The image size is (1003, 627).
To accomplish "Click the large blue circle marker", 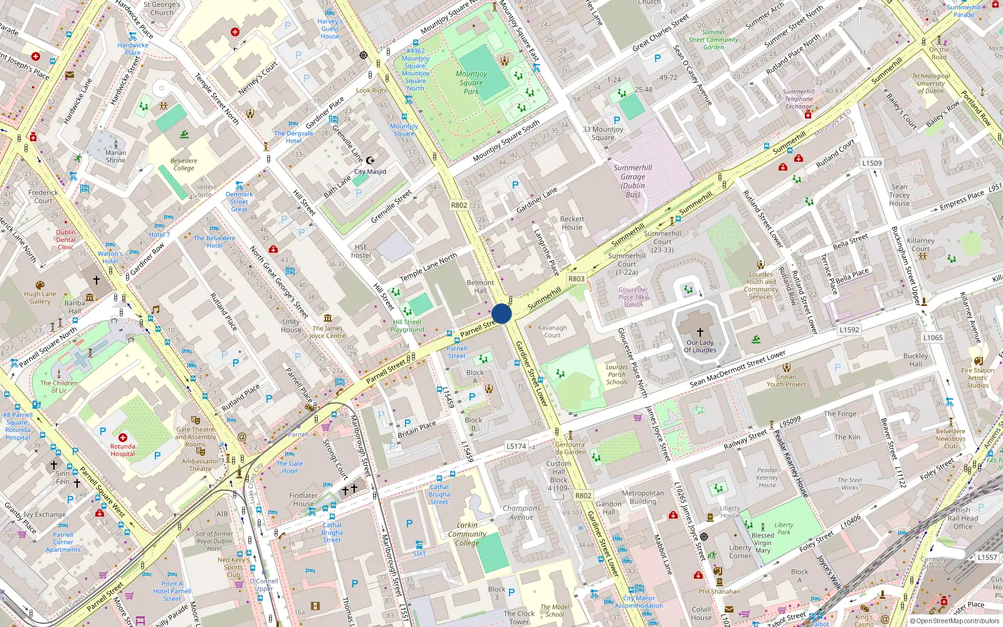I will coord(501,313).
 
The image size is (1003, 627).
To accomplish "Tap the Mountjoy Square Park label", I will coord(471,82).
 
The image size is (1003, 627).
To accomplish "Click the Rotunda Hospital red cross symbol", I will coord(123,437).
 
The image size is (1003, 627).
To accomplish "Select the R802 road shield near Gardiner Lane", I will coord(459,205).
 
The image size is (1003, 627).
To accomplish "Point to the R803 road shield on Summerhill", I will coord(576,278).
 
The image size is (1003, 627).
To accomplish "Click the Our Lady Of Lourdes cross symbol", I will coord(700,332).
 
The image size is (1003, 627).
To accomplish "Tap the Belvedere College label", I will coord(184,164).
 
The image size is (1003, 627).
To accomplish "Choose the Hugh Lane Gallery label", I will coord(40,297).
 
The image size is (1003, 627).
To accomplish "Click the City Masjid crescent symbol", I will coord(370,161).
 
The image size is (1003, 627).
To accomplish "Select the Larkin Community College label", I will coord(467,534).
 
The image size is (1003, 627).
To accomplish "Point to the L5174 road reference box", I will coord(516,446).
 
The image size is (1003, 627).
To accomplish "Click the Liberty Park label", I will coord(784,529).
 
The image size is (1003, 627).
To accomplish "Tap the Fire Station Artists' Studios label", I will coord(978,377).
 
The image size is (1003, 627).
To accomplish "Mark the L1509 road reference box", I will coord(871,163).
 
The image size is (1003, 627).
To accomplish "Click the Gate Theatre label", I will coord(195,429).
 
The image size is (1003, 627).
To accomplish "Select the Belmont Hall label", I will coord(480,287).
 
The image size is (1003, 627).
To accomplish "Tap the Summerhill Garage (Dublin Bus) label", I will coord(633,181).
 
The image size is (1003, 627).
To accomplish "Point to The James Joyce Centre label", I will coord(327,332).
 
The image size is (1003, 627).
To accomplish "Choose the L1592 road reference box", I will coord(849,329).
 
